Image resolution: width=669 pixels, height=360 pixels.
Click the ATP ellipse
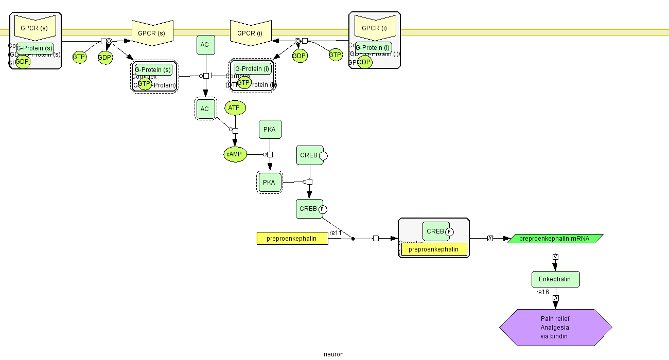point(235,108)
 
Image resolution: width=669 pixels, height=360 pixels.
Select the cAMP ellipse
point(235,154)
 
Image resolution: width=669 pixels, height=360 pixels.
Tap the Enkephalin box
point(555,279)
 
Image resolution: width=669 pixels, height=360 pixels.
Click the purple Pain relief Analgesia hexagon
point(555,328)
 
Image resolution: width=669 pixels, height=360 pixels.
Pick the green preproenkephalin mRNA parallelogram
point(555,239)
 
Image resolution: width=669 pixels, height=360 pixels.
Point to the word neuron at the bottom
point(333,354)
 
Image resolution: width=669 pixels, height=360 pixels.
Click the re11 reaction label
point(336,233)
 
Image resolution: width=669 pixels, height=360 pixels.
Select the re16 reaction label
point(542,292)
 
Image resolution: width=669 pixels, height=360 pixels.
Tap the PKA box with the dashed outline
point(270,182)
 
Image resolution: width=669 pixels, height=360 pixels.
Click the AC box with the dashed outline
point(205,109)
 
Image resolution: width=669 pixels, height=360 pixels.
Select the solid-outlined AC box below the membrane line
point(205,45)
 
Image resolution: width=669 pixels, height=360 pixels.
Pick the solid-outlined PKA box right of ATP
point(270,130)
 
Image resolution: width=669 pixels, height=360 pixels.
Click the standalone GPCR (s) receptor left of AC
point(151,33)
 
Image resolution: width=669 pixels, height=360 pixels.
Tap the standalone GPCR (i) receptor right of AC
point(250,33)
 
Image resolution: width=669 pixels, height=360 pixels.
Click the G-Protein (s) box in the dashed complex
point(153,69)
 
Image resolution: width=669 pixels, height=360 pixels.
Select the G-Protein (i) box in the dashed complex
point(252,68)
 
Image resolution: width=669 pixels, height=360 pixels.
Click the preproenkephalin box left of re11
point(292,239)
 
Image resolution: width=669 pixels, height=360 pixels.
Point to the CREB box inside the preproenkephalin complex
point(435,231)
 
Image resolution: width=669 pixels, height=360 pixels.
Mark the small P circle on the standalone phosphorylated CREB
point(323,209)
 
